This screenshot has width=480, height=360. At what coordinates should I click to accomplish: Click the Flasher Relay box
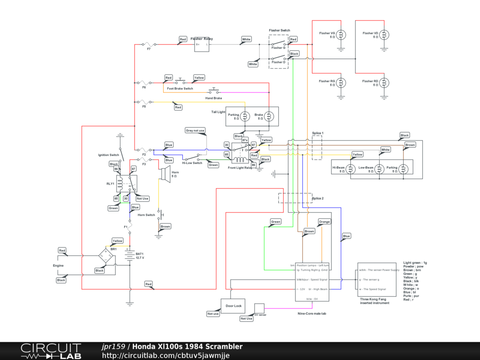tap(202, 45)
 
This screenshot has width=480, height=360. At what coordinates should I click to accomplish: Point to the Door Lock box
tap(233, 306)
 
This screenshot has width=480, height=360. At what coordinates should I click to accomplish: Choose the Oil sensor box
tap(259, 308)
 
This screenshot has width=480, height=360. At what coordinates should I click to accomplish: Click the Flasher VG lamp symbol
tap(342, 35)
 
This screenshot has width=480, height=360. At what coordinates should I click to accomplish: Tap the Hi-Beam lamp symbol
tap(352, 169)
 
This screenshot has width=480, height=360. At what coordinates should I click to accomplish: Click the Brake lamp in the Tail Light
tap(269, 116)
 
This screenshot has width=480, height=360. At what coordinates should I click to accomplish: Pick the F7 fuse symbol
tap(149, 45)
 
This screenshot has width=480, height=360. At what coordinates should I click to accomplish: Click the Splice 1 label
tap(318, 133)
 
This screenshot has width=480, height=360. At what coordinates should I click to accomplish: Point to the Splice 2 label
tap(318, 198)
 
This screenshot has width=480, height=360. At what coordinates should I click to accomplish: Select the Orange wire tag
tap(324, 221)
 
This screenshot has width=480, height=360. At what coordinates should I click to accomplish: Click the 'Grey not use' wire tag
tap(195, 130)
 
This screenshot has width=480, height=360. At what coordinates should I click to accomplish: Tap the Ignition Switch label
tap(108, 155)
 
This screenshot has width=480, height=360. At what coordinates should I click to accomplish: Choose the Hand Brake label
tap(213, 98)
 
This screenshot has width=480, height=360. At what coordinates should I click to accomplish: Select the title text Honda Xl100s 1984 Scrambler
tap(187, 346)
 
